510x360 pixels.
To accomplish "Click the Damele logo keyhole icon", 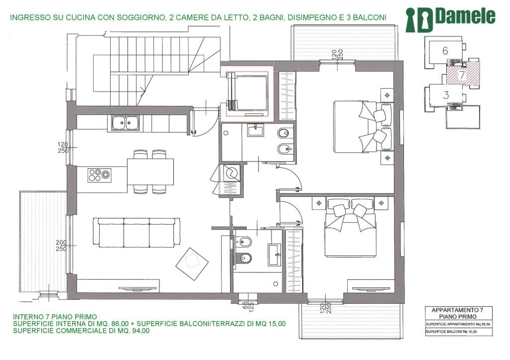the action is click(419, 20).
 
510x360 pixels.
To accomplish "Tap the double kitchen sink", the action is click(126, 123).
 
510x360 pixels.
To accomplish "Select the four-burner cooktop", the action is click(100, 175).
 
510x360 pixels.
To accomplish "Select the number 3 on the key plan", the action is click(446, 95).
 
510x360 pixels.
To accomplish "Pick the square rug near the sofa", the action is click(192, 264).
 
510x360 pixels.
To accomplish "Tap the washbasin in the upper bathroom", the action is click(255, 131).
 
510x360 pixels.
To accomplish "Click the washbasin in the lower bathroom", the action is click(275, 254).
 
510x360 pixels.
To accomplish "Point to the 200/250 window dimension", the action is click(61, 245).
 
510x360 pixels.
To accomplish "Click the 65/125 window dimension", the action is click(248, 305).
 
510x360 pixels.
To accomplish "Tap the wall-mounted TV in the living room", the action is click(139, 288).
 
